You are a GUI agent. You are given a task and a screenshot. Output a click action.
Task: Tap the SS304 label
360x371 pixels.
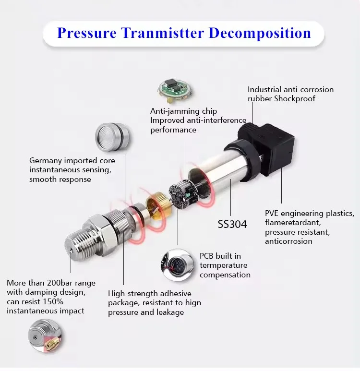[232, 224]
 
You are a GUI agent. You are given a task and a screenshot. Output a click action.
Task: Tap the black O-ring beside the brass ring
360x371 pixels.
[140, 211]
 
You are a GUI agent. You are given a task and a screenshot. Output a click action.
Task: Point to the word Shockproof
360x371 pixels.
[300, 99]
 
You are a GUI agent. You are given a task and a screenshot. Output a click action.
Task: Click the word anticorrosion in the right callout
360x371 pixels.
[288, 241]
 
